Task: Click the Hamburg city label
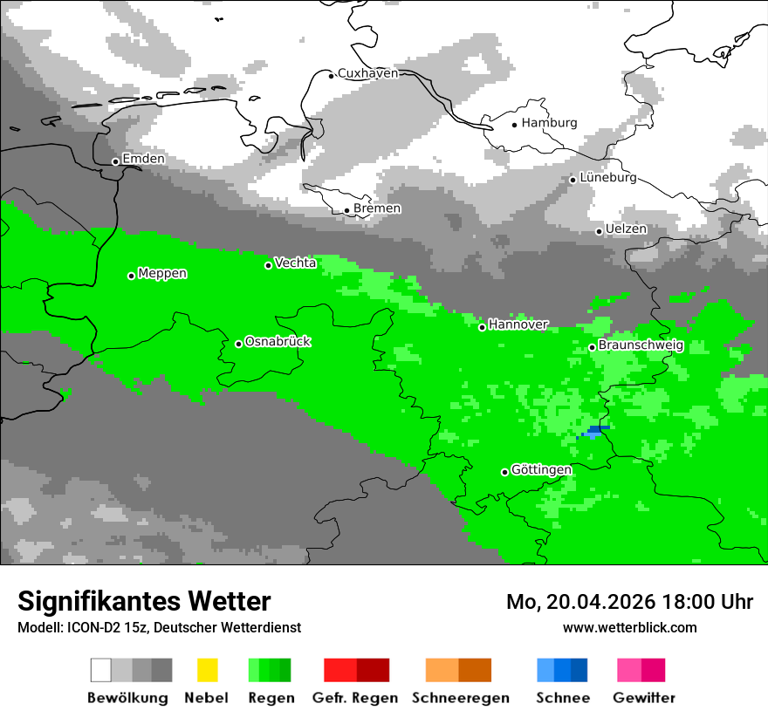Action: pyautogui.click(x=549, y=123)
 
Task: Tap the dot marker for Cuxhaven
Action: pyautogui.click(x=332, y=75)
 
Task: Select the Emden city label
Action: pyautogui.click(x=143, y=160)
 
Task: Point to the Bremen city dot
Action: pyautogui.click(x=347, y=210)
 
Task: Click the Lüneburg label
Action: pyautogui.click(x=608, y=178)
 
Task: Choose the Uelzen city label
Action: pyautogui.click(x=626, y=229)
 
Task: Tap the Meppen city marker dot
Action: pyautogui.click(x=132, y=276)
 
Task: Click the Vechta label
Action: pyautogui.click(x=295, y=263)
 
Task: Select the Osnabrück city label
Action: pyautogui.click(x=278, y=342)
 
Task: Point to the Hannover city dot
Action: pyautogui.click(x=482, y=327)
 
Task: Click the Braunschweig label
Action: pyautogui.click(x=641, y=345)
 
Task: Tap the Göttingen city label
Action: pyautogui.click(x=541, y=470)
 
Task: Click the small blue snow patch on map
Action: pyautogui.click(x=596, y=430)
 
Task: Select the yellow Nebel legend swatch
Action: pyautogui.click(x=208, y=670)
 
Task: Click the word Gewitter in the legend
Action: pyautogui.click(x=644, y=698)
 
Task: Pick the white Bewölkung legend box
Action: pyautogui.click(x=101, y=670)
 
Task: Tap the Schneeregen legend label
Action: pyautogui.click(x=461, y=698)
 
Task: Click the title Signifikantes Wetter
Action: pyautogui.click(x=144, y=601)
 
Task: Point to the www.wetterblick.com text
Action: pyautogui.click(x=629, y=627)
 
